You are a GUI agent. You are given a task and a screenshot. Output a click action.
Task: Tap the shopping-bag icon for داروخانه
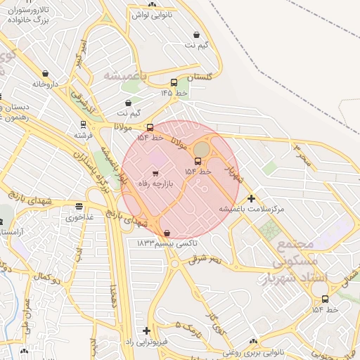point(46,73)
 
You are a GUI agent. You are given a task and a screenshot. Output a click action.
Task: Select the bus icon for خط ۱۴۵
point(174,82)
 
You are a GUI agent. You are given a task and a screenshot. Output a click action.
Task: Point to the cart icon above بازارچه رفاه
point(155,173)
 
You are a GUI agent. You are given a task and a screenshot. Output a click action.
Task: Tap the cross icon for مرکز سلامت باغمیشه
point(251,198)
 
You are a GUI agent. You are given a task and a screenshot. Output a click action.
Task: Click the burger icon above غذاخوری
point(79,207)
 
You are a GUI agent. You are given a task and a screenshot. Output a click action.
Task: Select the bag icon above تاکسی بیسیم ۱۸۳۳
point(167,233)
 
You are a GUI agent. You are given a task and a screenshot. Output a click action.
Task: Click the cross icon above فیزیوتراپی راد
point(146,330)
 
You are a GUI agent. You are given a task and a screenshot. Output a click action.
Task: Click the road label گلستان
point(205,77)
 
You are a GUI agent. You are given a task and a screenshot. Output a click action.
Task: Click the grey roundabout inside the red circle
point(202,150)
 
